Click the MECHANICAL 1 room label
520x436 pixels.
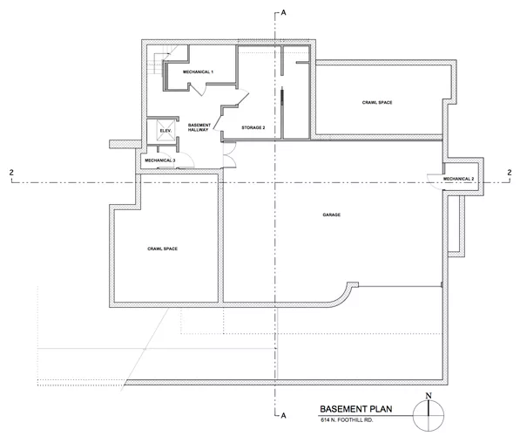click(x=198, y=72)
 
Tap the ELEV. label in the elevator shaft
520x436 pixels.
click(x=165, y=131)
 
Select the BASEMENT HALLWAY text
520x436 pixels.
click(x=199, y=127)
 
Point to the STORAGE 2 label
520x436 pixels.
click(x=253, y=127)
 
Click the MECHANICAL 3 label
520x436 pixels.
click(x=160, y=160)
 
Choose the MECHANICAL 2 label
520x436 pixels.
click(x=459, y=179)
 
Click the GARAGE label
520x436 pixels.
click(x=331, y=215)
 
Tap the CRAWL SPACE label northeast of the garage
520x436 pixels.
click(x=377, y=103)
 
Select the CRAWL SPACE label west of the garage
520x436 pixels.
click(x=163, y=249)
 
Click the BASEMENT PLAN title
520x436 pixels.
click(x=356, y=409)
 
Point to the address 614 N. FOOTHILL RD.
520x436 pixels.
click(x=347, y=420)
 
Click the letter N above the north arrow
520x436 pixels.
click(x=429, y=396)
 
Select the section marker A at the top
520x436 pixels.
click(x=284, y=12)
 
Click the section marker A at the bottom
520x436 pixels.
click(x=284, y=415)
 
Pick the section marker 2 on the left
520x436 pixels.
click(x=11, y=173)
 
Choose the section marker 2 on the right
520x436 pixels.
click(x=510, y=173)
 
